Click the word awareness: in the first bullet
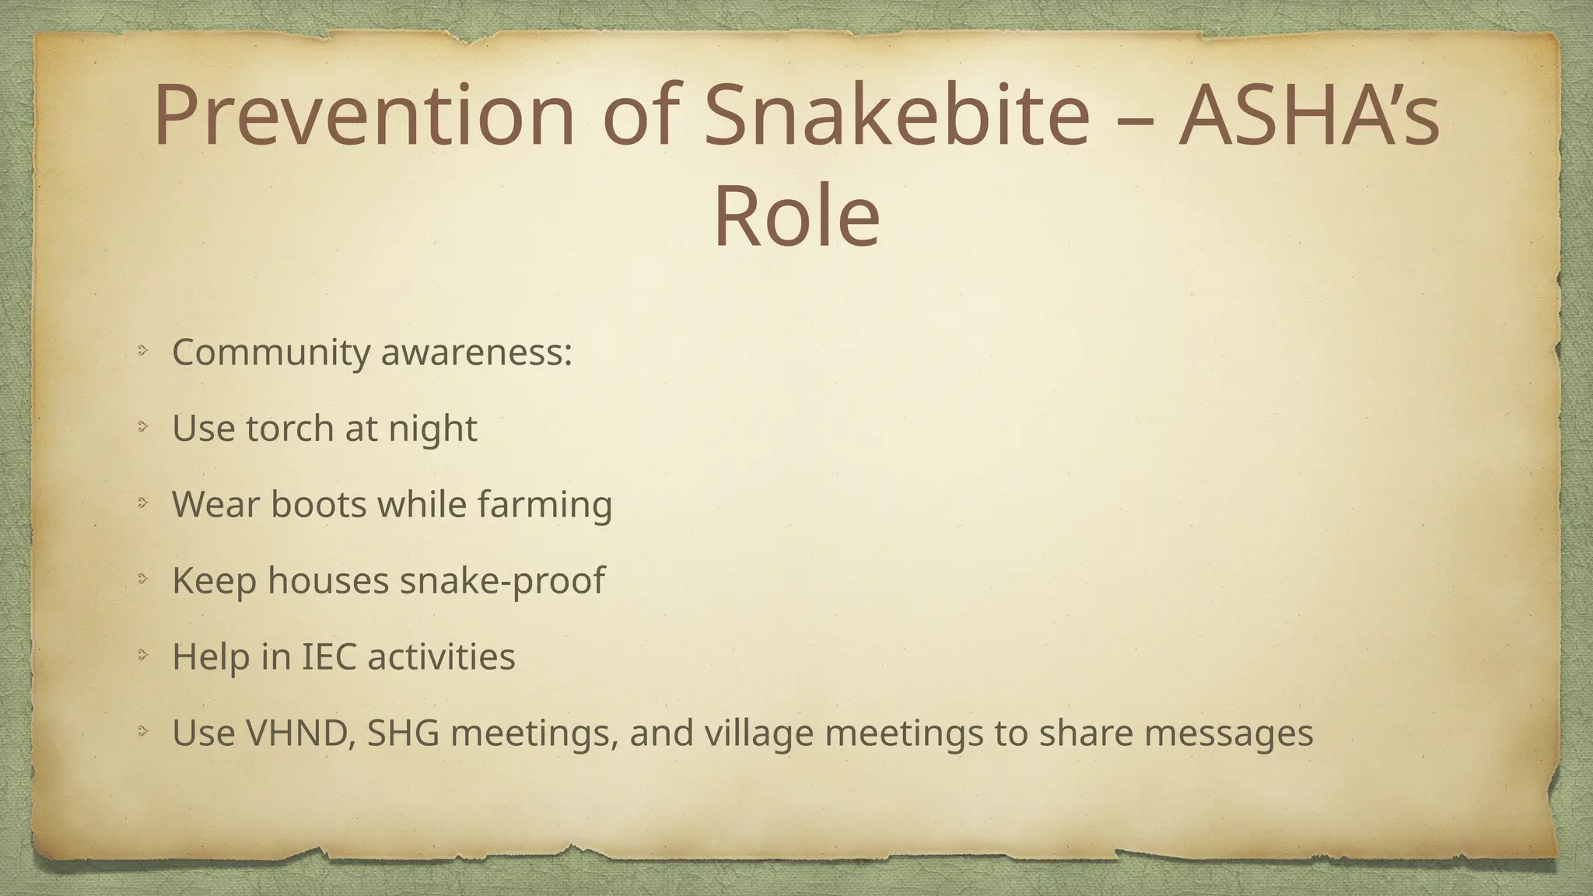(476, 353)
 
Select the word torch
(289, 429)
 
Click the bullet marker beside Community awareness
(142, 352)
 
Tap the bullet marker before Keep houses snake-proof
(142, 579)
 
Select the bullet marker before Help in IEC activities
(142, 655)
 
